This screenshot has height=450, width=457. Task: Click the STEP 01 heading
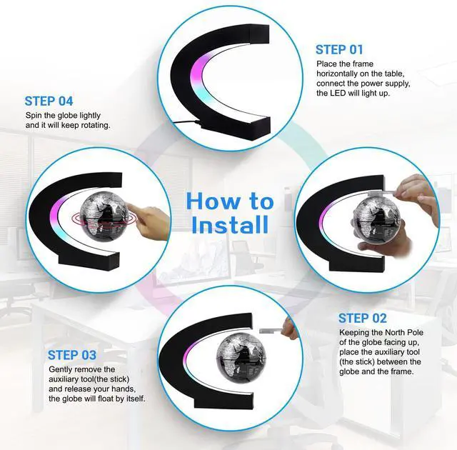tap(339, 49)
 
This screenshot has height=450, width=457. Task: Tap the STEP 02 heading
tap(362, 319)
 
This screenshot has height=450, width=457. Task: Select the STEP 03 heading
tap(72, 355)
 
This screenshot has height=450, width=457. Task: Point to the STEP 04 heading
tap(49, 101)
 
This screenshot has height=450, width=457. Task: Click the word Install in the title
tap(230, 224)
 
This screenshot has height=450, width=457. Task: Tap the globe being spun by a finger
tap(104, 215)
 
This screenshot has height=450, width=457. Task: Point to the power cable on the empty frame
tap(187, 123)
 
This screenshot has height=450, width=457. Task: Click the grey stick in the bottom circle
tap(271, 331)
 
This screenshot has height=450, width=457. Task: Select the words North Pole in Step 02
tap(404, 333)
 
